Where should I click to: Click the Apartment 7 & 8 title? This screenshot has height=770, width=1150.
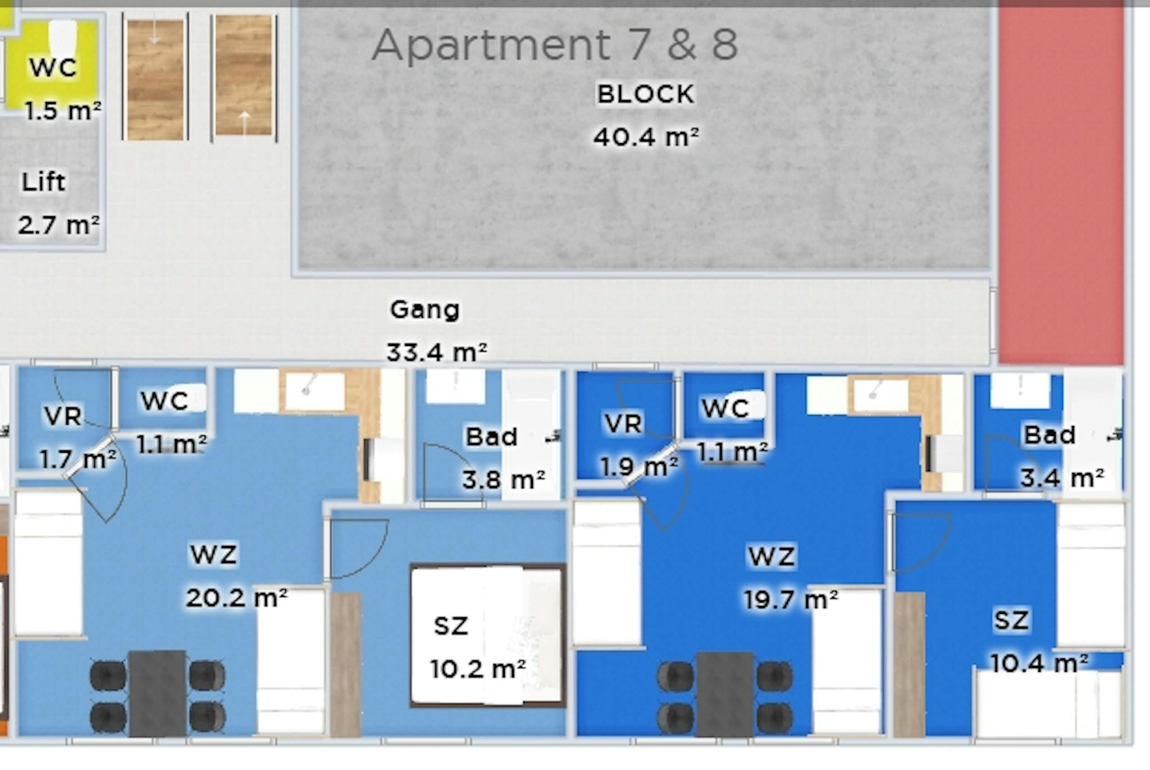[x=555, y=44]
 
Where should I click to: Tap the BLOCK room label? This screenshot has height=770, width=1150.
[x=646, y=94]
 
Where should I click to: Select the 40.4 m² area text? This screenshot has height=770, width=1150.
[x=646, y=136]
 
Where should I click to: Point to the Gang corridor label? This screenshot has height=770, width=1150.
[x=425, y=310]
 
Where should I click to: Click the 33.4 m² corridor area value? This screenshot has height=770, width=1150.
[x=436, y=352]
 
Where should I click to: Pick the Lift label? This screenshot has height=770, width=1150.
[x=43, y=182]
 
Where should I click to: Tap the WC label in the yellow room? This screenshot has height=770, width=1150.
[x=53, y=67]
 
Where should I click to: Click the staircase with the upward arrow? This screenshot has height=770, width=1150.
[x=244, y=75]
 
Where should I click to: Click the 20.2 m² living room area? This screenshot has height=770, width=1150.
[x=236, y=598]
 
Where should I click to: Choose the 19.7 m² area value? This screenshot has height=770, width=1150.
[x=791, y=599]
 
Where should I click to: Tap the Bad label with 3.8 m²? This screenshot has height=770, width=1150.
[x=491, y=437]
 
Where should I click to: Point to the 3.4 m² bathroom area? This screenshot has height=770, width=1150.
[x=1062, y=478]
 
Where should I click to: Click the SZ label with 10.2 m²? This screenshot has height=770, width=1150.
[x=451, y=626]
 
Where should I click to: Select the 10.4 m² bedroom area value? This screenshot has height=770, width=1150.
[x=1039, y=663]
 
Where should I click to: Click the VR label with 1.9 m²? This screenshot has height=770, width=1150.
[x=623, y=424]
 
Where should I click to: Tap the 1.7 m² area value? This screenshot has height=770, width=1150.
[x=78, y=459]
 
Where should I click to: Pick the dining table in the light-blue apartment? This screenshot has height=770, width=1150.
[x=157, y=693]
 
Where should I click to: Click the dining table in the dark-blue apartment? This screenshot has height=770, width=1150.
[x=725, y=694]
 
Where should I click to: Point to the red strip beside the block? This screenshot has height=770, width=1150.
[x=1061, y=183]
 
